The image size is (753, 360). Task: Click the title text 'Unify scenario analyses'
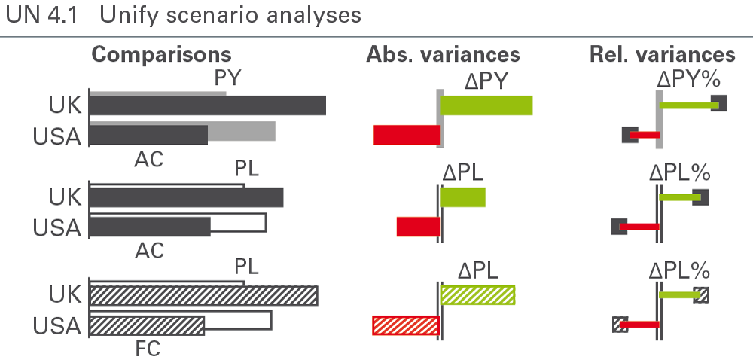click(x=230, y=15)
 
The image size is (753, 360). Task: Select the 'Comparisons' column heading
click(x=161, y=55)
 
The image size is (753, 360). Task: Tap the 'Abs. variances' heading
click(x=443, y=54)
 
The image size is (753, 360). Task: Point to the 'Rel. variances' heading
click(x=662, y=54)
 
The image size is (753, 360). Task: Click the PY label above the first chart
click(x=227, y=78)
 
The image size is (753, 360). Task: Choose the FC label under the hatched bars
click(x=148, y=349)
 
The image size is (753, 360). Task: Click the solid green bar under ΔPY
click(x=486, y=105)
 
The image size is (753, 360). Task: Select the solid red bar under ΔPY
click(x=407, y=135)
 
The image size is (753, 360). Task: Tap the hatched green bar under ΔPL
click(x=477, y=295)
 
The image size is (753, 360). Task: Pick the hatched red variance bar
click(x=406, y=325)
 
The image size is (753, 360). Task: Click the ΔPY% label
click(x=688, y=81)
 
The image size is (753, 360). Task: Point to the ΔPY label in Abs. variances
click(x=486, y=81)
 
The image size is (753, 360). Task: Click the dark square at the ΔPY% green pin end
click(x=719, y=103)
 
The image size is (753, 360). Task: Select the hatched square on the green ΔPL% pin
click(x=701, y=294)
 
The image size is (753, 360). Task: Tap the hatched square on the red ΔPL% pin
click(x=620, y=325)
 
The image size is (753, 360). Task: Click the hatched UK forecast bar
click(x=204, y=295)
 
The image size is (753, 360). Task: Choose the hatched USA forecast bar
click(x=148, y=325)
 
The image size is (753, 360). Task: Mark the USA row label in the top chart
click(x=56, y=137)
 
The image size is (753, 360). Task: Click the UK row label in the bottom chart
click(x=65, y=294)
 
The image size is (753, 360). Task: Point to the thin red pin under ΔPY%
click(x=645, y=135)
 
